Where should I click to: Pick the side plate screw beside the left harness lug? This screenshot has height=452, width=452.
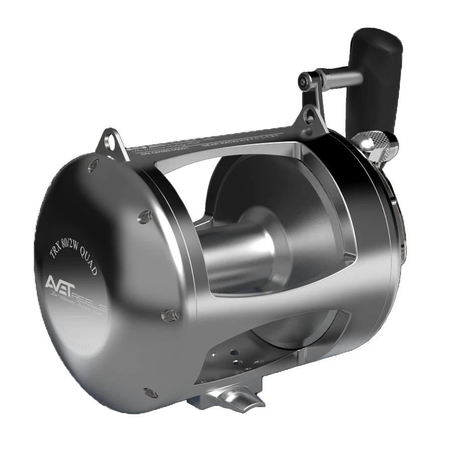(x=93, y=166)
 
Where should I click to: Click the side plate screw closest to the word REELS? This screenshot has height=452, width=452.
(x=170, y=315)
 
